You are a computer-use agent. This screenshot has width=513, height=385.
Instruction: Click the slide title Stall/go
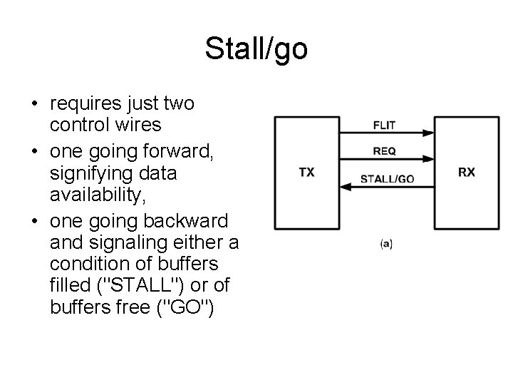point(256,49)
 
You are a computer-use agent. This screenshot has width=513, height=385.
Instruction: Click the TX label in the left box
point(306,172)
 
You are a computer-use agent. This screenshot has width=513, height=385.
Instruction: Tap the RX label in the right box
point(467,172)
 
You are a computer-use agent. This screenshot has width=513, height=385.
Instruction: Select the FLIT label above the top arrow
point(385,125)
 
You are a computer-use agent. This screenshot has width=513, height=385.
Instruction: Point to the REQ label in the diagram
point(385,151)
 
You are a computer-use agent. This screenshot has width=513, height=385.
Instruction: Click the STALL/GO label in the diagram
point(387,178)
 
